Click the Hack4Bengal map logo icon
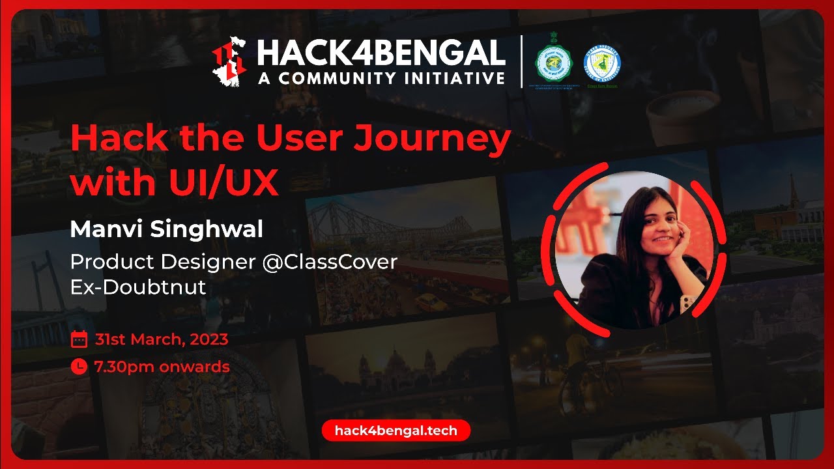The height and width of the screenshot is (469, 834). pyautogui.click(x=229, y=62)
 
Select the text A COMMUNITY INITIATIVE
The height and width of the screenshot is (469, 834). pyautogui.click(x=381, y=79)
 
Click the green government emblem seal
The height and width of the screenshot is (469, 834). pyautogui.click(x=554, y=66)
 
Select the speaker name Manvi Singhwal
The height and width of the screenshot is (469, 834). pyautogui.click(x=167, y=229)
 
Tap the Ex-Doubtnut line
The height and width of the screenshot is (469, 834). pyautogui.click(x=138, y=287)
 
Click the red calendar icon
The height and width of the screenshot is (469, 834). pyautogui.click(x=79, y=339)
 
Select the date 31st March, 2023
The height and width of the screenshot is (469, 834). pyautogui.click(x=161, y=339)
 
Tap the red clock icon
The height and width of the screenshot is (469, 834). pyautogui.click(x=79, y=367)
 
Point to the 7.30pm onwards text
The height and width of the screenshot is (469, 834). pyautogui.click(x=162, y=367)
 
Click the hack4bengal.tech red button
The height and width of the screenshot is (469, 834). pyautogui.click(x=395, y=431)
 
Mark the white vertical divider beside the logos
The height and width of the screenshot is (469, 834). pyautogui.click(x=521, y=62)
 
